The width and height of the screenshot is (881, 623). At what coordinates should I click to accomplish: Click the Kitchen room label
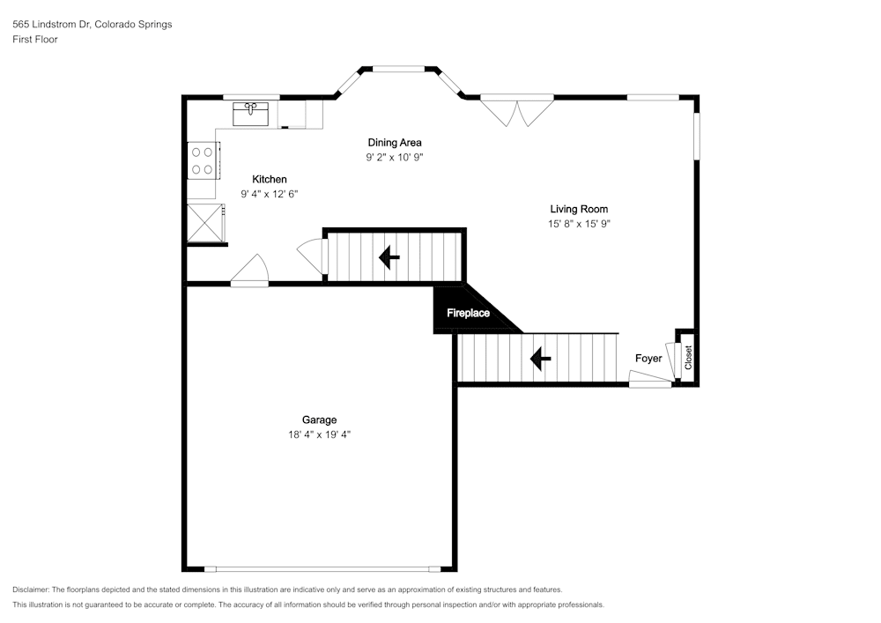pos(270,180)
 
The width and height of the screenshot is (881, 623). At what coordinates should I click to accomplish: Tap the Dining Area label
pos(395,142)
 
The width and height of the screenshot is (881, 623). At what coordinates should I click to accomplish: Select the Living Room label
pos(579,209)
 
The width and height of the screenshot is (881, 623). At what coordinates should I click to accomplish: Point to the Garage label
pos(319,419)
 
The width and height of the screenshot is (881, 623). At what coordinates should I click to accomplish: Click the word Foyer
pos(648,359)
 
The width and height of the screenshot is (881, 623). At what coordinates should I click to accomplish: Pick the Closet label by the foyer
pos(689,357)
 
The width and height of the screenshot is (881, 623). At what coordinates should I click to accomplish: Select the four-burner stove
pos(202,159)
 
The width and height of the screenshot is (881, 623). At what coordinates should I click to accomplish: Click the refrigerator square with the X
pos(204,222)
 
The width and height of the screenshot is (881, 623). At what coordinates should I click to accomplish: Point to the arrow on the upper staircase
pos(389,257)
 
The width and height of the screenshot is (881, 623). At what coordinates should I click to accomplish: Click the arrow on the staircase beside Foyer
pos(540,359)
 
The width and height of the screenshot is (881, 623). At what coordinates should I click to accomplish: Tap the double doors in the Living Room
pos(517,111)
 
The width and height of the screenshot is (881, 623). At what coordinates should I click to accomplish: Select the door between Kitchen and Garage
pos(250,272)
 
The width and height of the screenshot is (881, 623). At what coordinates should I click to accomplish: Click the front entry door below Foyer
pos(650,379)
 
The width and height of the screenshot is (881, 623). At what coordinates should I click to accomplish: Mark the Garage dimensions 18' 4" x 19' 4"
pos(319,434)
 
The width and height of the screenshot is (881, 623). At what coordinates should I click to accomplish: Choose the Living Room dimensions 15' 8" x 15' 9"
pos(579,224)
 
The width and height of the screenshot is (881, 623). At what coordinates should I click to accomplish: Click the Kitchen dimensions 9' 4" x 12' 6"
pos(270,194)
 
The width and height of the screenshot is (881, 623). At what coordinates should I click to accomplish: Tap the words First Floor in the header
pos(35,40)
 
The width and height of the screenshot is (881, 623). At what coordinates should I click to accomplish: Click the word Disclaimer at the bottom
pos(32,590)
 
